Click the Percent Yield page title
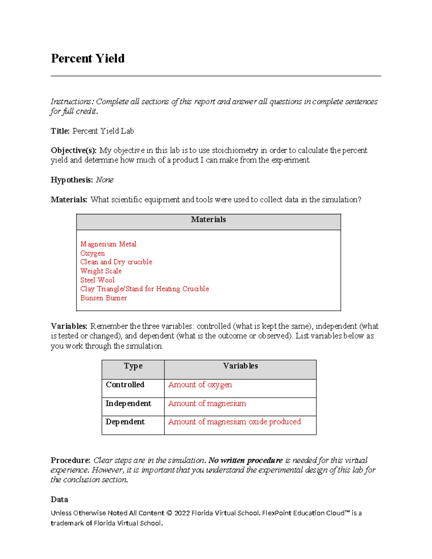(87, 58)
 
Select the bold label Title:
(60, 131)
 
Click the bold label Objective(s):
(73, 150)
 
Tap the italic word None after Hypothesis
(104, 180)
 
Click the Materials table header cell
(208, 220)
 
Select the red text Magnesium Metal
(108, 244)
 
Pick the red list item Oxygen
(93, 253)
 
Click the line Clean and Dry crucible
(116, 262)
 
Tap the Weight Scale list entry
(101, 271)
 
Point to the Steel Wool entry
(97, 280)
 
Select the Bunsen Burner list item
(103, 298)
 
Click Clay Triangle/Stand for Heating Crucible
(144, 289)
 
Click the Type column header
(133, 366)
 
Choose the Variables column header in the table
(240, 366)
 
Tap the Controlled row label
(125, 385)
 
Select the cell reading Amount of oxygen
(200, 385)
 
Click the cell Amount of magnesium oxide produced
(234, 422)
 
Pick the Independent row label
(128, 404)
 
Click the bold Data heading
(59, 500)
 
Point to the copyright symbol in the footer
(169, 513)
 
